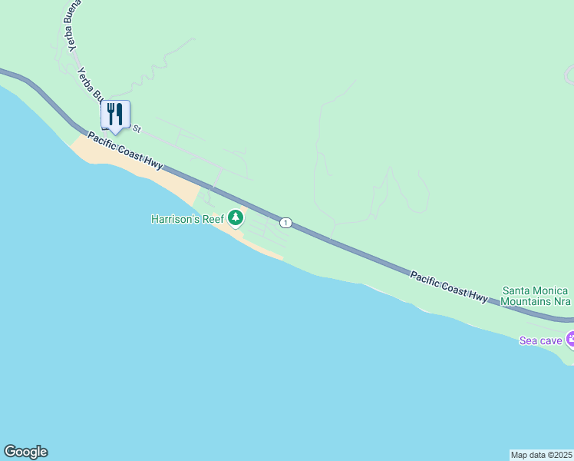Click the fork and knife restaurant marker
tap(115, 114)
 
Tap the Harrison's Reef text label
tap(187, 219)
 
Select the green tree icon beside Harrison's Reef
tap(236, 219)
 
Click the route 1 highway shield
tap(285, 223)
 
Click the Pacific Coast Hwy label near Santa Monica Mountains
tap(449, 286)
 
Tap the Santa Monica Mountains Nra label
tap(535, 296)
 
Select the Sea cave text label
tap(540, 340)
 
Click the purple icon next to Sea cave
tap(570, 339)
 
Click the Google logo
tap(25, 452)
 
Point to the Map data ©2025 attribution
tap(541, 454)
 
